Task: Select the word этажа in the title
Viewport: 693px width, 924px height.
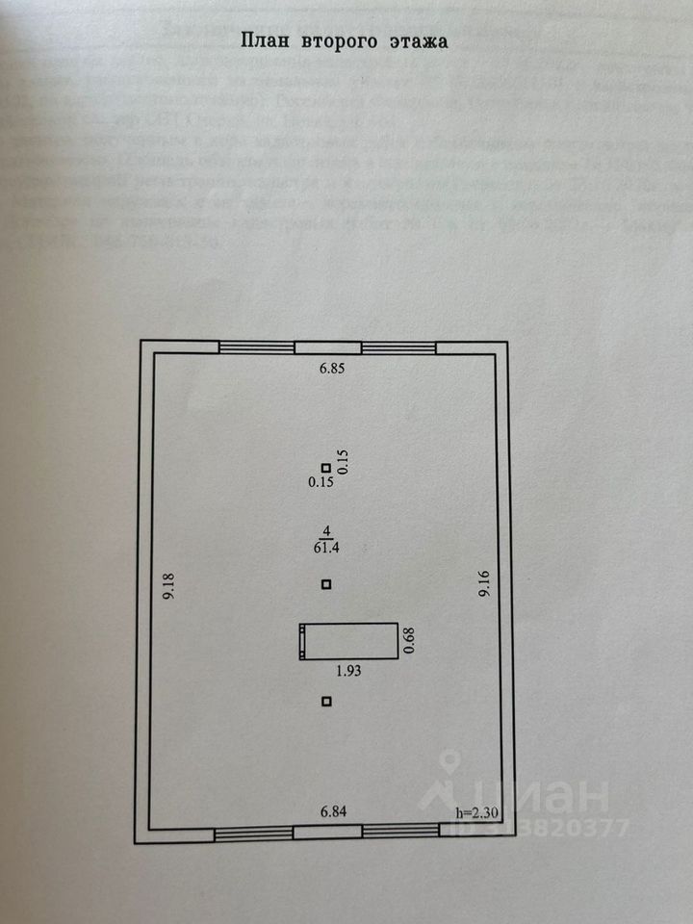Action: (421, 40)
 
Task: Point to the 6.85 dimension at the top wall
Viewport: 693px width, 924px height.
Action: (331, 368)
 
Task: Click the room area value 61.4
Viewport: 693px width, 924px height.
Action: (328, 547)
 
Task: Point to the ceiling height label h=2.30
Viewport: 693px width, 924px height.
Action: (477, 814)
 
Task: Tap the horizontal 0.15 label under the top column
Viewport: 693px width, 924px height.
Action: (321, 482)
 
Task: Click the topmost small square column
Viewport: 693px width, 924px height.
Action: (327, 466)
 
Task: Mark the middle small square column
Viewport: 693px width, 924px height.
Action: (327, 583)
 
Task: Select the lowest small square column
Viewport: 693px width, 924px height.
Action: (327, 701)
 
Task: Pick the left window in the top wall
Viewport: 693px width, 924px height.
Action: (256, 347)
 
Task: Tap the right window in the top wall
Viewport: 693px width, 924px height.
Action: (398, 347)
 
